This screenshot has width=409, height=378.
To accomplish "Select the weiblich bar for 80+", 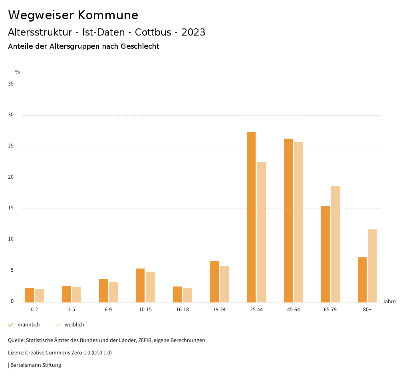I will point(372,266).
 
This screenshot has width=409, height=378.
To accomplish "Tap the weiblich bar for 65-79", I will point(336,244).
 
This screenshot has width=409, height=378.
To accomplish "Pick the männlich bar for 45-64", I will point(288,220).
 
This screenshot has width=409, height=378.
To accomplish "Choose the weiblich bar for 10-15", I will point(151,287).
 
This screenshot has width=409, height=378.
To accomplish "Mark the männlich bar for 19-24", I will point(214,281).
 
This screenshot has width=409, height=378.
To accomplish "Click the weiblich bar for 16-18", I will point(187,295).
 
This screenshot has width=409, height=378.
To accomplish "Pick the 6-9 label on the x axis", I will point(108,310).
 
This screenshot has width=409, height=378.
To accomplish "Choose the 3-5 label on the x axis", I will point(71,310).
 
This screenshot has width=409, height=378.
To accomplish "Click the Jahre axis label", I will point(389,302).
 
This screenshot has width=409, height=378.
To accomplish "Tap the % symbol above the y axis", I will point(18,72).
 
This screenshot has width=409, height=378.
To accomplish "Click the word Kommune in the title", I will point(108,15).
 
